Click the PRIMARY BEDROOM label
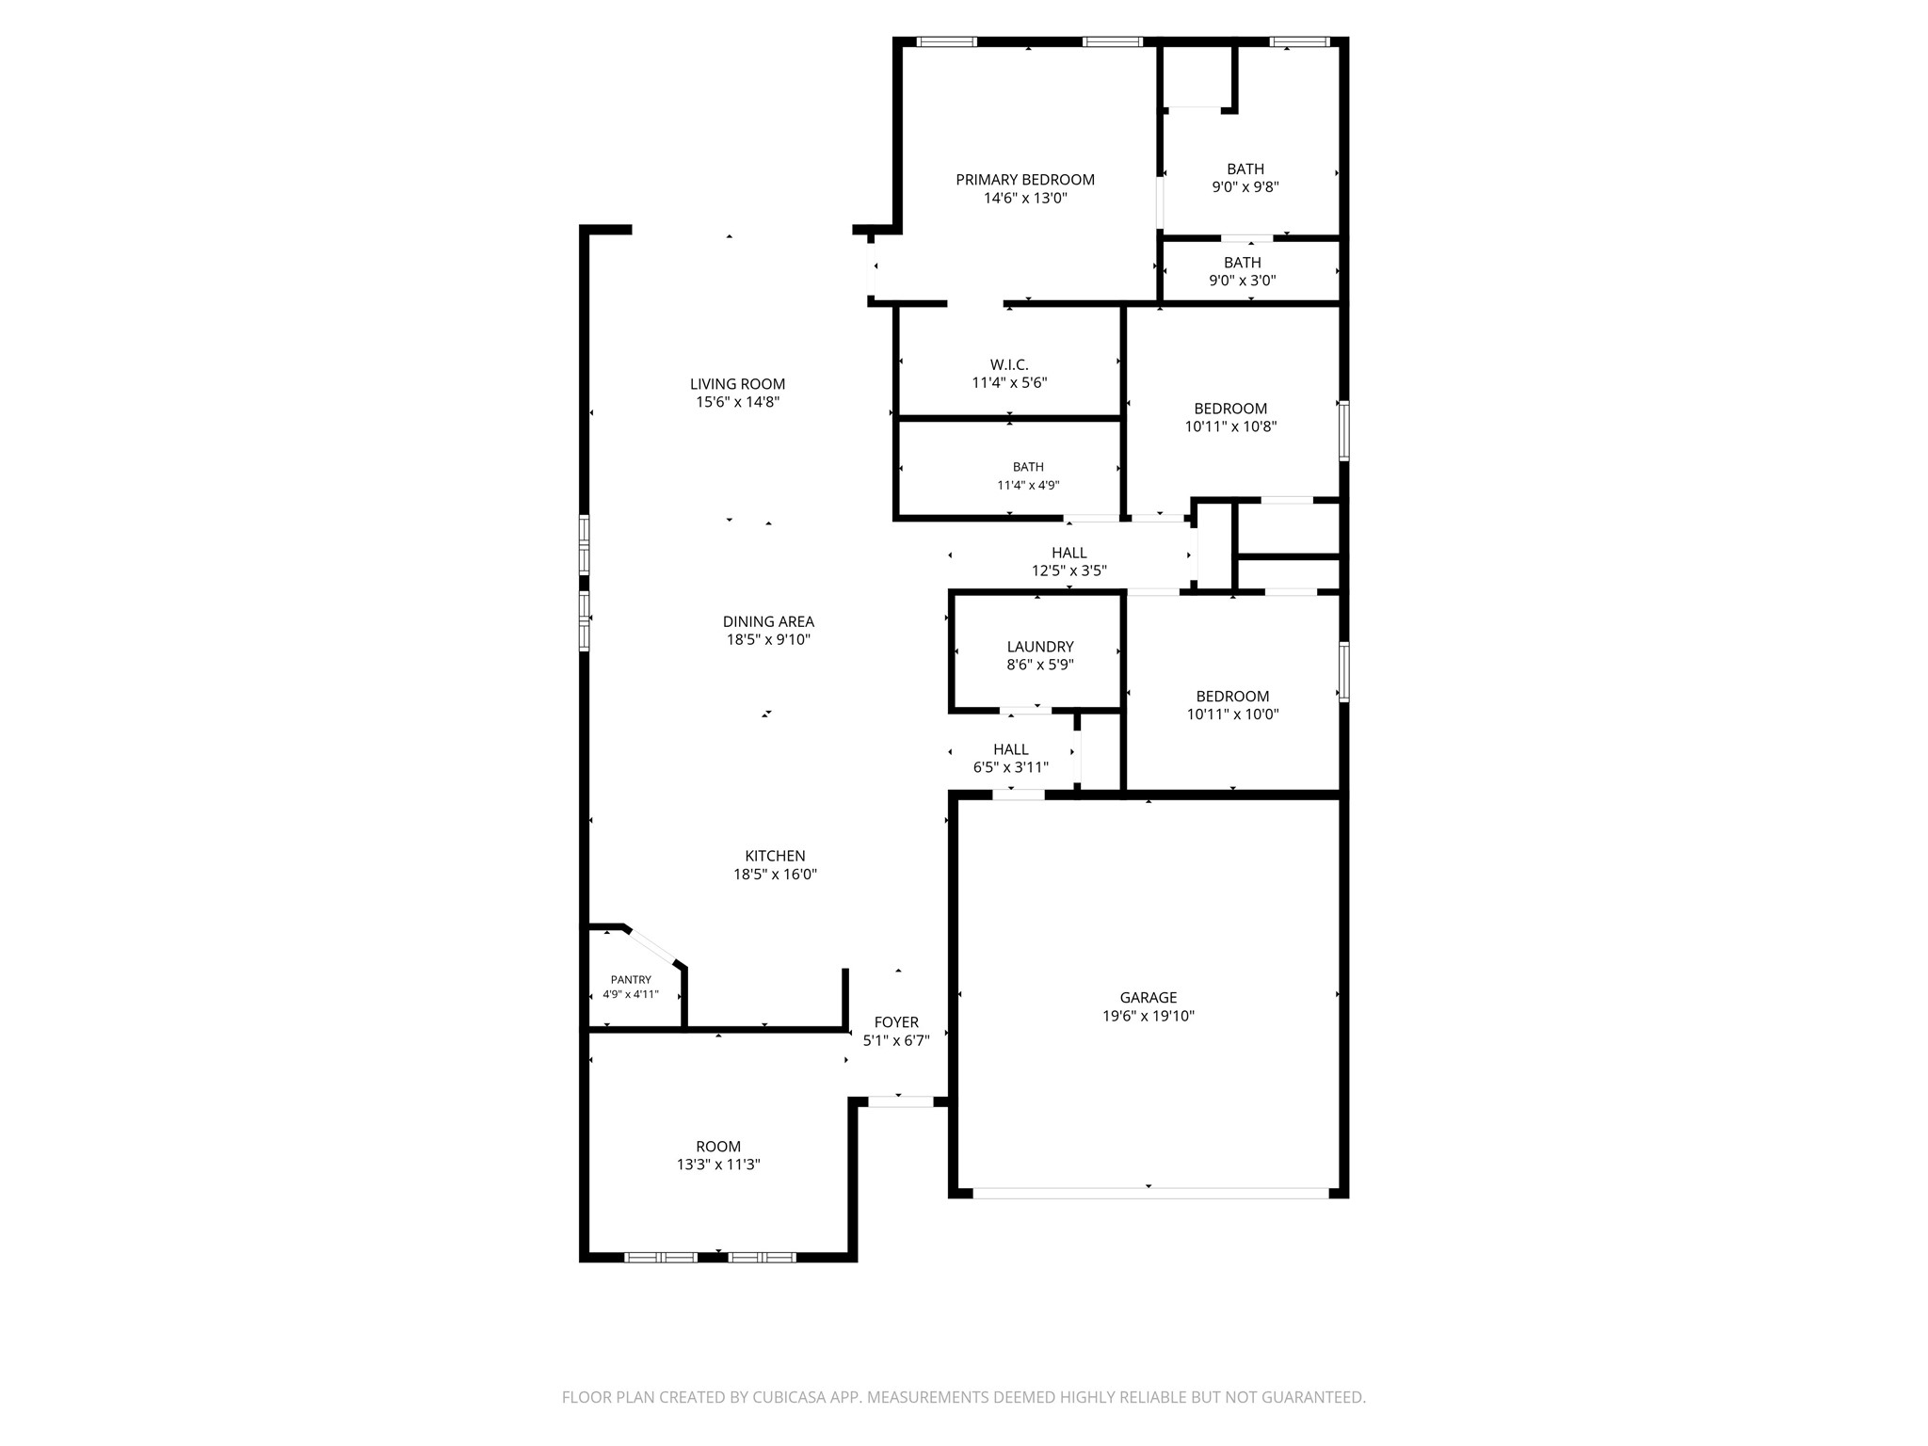(1025, 180)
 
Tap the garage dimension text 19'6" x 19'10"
(1149, 1016)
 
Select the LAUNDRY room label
(1040, 647)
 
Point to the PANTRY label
(631, 980)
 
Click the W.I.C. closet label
(1009, 364)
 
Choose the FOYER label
(896, 1022)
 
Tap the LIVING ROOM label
(737, 384)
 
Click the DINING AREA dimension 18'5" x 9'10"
(768, 640)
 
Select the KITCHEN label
(775, 856)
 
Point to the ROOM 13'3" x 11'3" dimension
(718, 1165)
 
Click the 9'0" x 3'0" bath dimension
(1243, 281)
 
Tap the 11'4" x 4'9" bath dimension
(1028, 486)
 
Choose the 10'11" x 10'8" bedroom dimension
(1230, 426)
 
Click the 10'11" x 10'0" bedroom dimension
(1232, 715)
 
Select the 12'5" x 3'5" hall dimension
(1068, 570)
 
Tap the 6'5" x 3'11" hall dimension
(1010, 767)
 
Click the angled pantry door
(652, 946)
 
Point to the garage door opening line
(1150, 1193)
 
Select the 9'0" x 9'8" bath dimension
(1245, 187)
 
